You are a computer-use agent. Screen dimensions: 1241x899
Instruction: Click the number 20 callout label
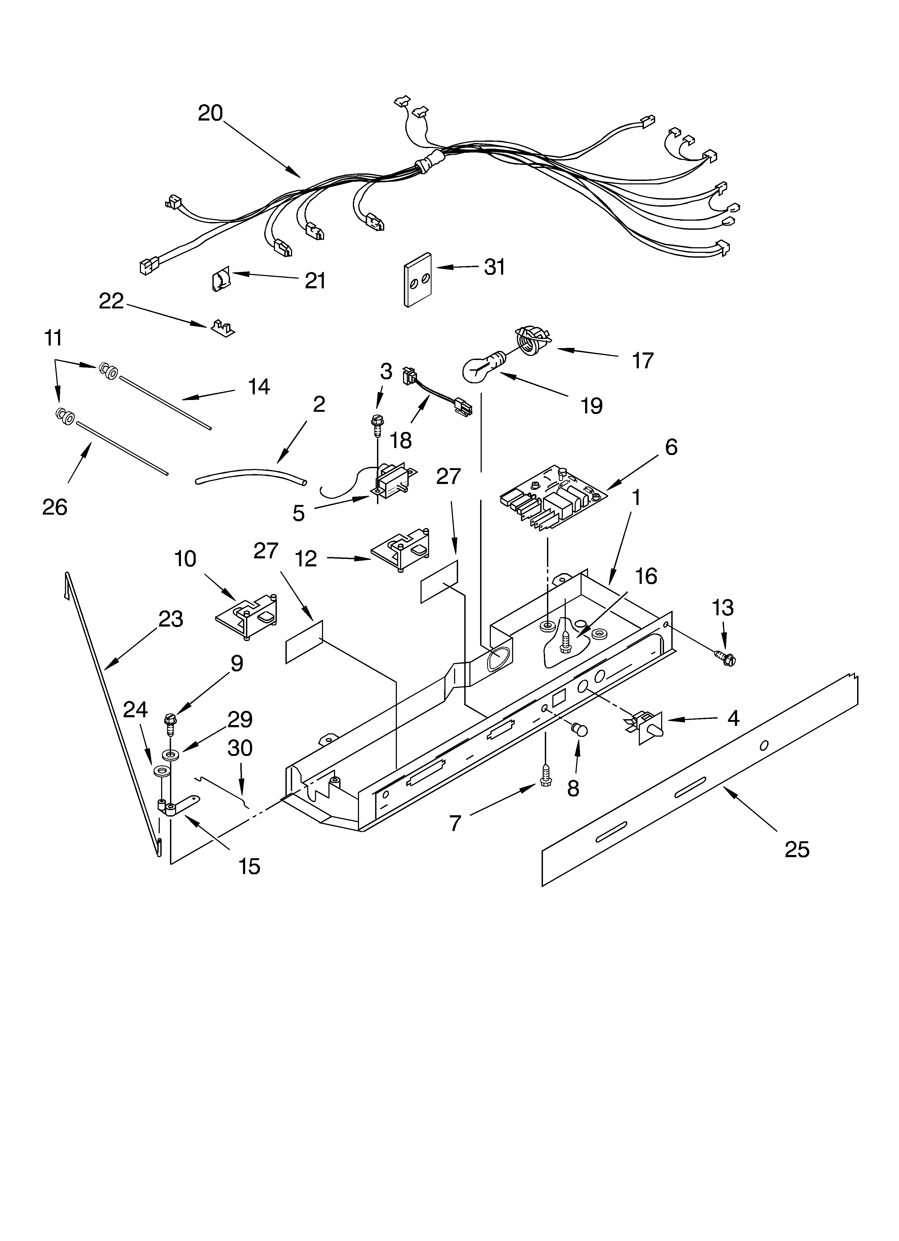[210, 113]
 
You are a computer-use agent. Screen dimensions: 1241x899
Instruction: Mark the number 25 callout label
[796, 849]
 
